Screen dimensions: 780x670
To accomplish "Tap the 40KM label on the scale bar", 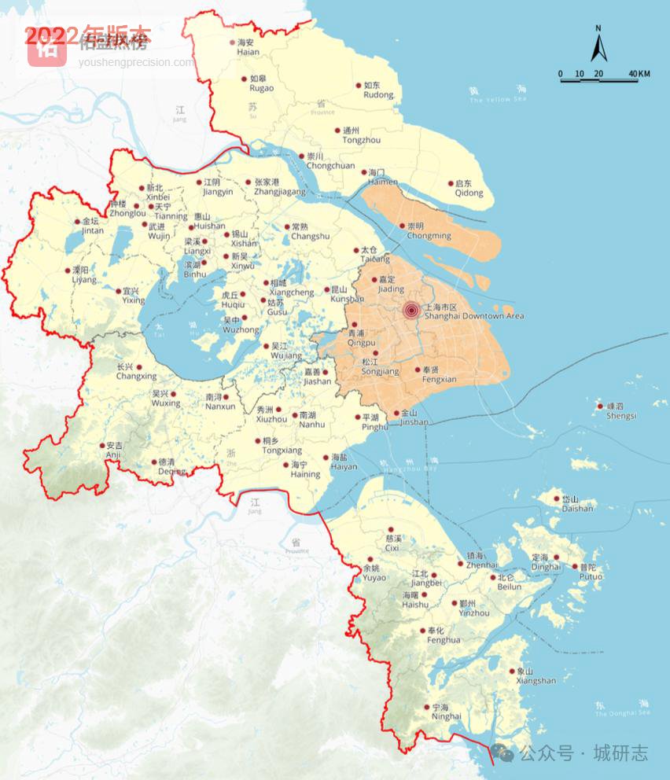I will tap(639, 74).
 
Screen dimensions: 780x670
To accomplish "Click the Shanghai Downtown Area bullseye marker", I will tap(410, 311).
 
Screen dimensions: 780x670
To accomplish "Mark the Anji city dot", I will tap(102, 445).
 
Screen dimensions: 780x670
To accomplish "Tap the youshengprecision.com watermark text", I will tap(135, 62).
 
